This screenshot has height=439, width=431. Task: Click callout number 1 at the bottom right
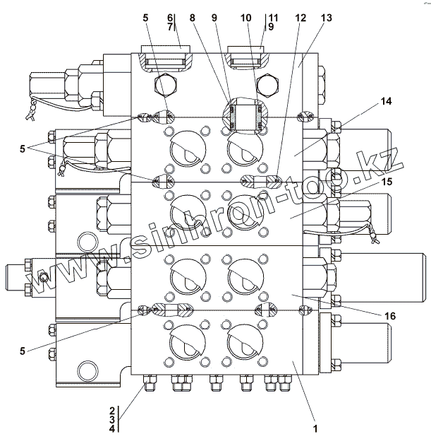(x=316, y=428)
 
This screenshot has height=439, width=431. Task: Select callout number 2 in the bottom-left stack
(x=111, y=409)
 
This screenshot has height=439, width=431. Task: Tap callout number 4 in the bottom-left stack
(x=111, y=428)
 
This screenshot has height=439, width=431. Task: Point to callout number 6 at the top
(x=170, y=17)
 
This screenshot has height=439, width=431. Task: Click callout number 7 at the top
(x=170, y=26)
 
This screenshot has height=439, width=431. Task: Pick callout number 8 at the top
(x=192, y=17)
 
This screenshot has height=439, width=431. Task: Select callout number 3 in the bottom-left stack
(x=111, y=418)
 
